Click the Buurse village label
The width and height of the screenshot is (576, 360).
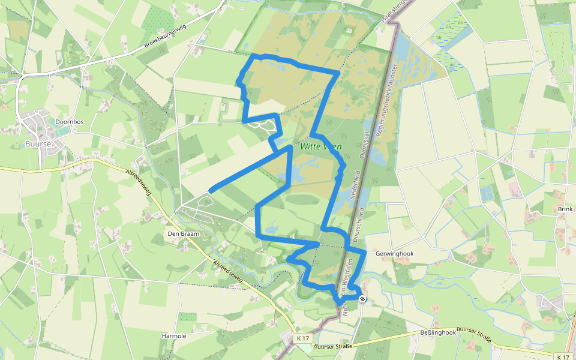click(37, 144)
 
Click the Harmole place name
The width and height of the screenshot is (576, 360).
click(174, 336)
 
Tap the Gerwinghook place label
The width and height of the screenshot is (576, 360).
click(394, 254)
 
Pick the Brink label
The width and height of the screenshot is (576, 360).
click(565, 209)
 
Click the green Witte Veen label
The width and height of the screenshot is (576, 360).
click(320, 146)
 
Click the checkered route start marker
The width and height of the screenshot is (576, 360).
click(362, 299)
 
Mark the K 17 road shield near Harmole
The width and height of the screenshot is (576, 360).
click(304, 338)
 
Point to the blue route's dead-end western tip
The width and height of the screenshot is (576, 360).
click(211, 191)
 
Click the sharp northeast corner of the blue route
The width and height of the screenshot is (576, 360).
click(338, 71)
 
